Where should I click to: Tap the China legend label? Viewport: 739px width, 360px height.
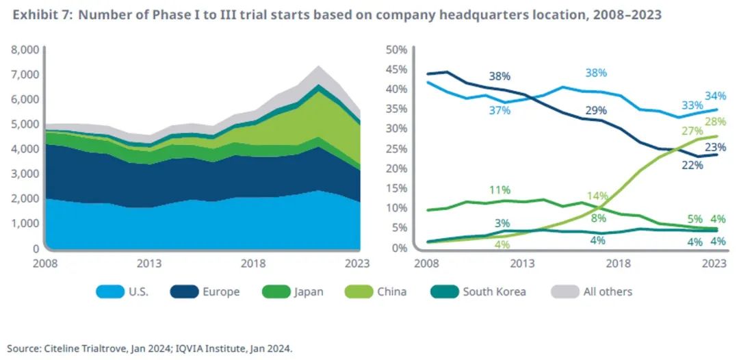click(392, 292)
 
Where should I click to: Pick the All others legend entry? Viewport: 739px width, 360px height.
click(608, 292)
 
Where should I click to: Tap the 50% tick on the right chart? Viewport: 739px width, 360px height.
click(398, 50)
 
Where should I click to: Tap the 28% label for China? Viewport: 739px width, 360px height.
click(715, 122)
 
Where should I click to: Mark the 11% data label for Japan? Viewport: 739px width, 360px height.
click(499, 190)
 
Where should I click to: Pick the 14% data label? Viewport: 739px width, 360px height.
click(597, 196)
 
